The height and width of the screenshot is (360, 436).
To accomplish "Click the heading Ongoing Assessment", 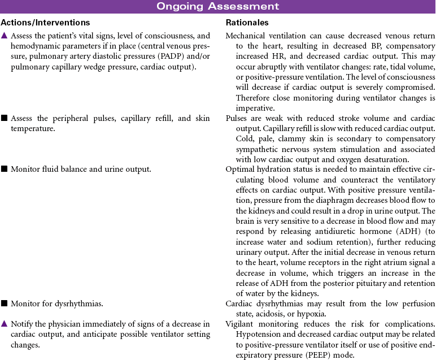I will click(x=217, y=7).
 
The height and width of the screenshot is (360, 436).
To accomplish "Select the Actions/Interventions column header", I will click(x=45, y=23).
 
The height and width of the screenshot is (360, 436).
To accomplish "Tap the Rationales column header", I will click(x=247, y=23).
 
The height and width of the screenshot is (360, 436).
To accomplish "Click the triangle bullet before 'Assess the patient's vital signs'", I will click(x=5, y=36).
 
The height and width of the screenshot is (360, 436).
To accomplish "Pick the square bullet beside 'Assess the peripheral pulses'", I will click(x=5, y=119).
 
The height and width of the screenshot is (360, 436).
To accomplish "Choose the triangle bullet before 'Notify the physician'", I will click(x=5, y=324).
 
